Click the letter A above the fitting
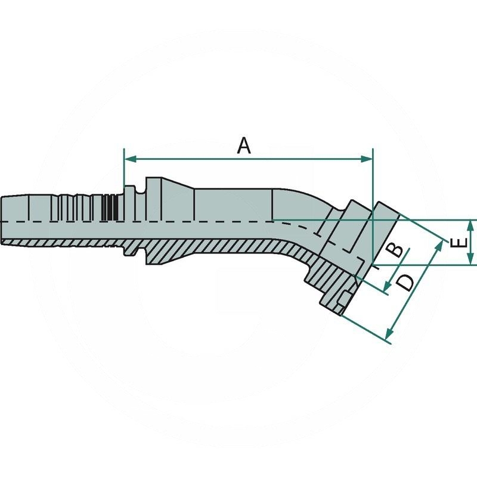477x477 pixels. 243,145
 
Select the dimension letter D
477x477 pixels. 405,281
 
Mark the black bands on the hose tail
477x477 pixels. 108,208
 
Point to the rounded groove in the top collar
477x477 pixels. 140,191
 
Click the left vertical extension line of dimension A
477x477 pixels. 123,170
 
